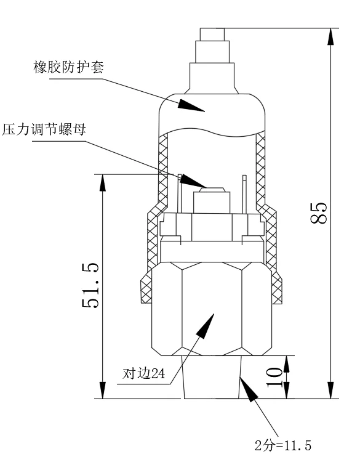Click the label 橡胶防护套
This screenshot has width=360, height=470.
[x=68, y=68]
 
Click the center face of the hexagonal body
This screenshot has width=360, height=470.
[x=212, y=308]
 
